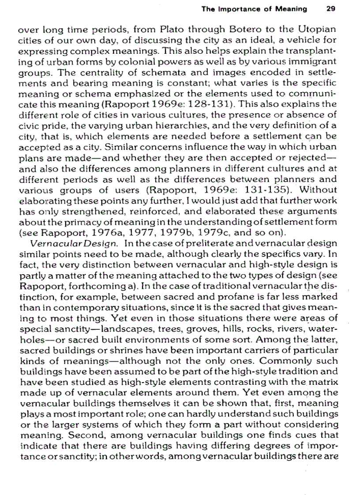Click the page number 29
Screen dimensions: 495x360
(x=331, y=8)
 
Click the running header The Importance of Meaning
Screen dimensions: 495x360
(x=254, y=8)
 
